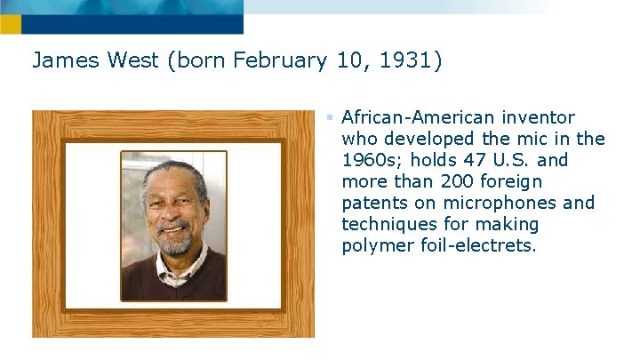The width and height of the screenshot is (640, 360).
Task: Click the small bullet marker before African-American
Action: (x=329, y=117)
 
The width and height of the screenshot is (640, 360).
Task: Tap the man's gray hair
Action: (x=174, y=168)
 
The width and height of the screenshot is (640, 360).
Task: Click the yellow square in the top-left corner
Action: (x=10, y=24)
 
